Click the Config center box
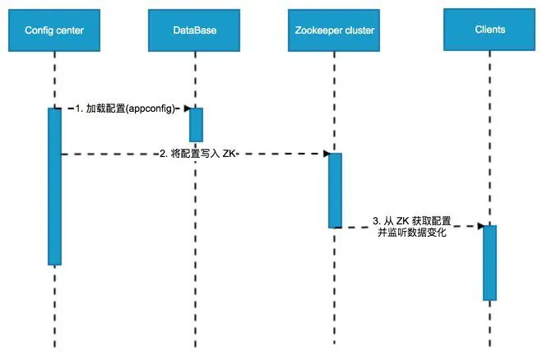click(54, 31)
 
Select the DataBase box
click(195, 31)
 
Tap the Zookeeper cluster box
click(335, 31)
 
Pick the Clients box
click(490, 30)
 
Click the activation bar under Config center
click(54, 187)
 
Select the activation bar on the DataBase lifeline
click(196, 124)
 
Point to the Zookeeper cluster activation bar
click(335, 190)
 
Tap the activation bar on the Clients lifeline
click(490, 262)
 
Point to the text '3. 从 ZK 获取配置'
click(411, 220)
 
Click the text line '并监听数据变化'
click(411, 233)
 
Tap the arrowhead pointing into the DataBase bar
click(187, 108)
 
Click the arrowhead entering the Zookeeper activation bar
click(325, 154)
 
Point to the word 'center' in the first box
click(71, 31)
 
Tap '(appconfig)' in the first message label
click(152, 108)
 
